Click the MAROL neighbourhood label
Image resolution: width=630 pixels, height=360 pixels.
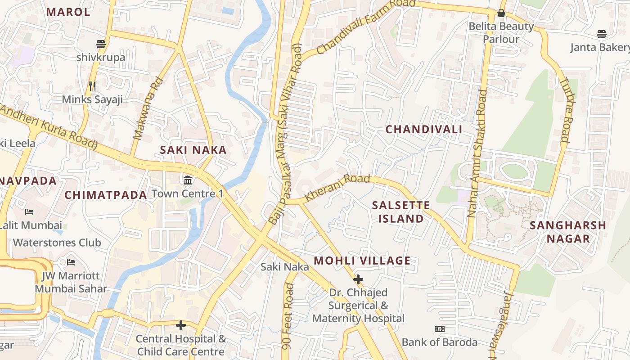click(68, 12)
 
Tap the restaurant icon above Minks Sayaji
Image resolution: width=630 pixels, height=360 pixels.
click(92, 86)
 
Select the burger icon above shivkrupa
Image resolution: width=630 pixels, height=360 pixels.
click(101, 44)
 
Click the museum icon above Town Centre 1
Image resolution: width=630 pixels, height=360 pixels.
click(188, 180)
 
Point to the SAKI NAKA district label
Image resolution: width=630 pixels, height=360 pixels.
click(193, 150)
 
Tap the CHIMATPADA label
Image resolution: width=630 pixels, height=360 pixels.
click(106, 195)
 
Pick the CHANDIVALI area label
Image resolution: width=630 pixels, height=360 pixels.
click(424, 130)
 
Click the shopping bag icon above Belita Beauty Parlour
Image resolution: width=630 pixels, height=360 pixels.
click(501, 13)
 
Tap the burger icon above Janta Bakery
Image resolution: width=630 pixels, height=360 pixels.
click(602, 34)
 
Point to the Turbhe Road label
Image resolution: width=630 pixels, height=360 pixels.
click(565, 110)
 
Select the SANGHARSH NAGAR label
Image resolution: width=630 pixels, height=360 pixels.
click(568, 232)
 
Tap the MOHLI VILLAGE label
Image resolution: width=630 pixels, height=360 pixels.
click(362, 261)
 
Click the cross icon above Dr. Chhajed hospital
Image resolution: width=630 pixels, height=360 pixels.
click(358, 279)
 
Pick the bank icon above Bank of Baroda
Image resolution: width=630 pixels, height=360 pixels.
click(439, 329)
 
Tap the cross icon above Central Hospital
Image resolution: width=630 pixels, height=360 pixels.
click(181, 325)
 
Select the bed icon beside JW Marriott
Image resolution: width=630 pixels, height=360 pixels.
click(71, 262)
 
